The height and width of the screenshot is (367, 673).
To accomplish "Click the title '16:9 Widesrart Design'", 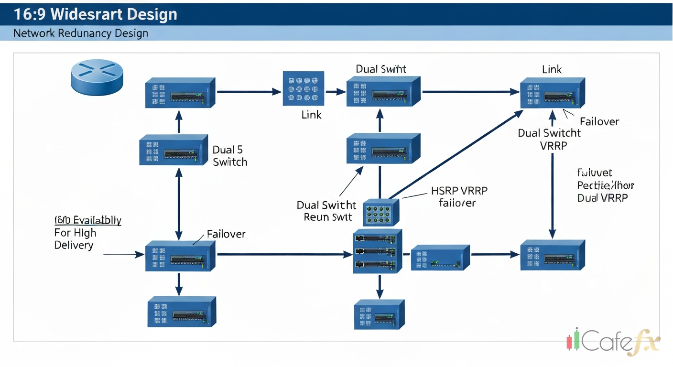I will pos(96,14).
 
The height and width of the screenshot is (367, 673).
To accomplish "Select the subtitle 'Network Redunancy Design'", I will pos(81,33).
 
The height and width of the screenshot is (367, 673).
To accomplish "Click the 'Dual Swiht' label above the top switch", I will pos(381,69).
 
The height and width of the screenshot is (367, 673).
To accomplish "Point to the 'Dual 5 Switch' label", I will pos(230,156).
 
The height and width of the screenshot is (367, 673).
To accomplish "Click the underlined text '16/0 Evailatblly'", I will pos(88,220).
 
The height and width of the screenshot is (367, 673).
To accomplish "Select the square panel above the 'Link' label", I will pos(304,88).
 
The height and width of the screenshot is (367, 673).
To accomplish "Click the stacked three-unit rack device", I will pos(377,251).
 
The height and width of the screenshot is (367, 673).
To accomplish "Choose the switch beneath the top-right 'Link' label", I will pos(553,93).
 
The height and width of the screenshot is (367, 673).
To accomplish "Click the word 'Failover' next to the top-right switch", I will pos(599,121).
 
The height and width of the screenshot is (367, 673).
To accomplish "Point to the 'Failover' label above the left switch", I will pos(226,234).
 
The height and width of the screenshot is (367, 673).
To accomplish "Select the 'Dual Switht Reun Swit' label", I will pos(327,211).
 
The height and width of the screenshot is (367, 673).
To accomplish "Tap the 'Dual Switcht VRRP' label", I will pos(550,139).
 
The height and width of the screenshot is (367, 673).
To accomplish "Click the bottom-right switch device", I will pos(552,255).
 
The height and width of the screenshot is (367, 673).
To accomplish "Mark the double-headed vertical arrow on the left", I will pos(179,204).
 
